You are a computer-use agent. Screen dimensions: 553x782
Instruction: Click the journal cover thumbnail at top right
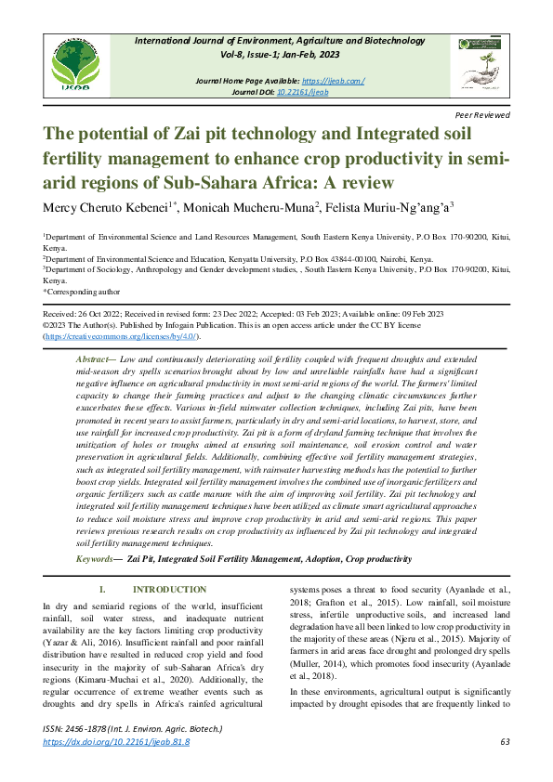point(480,63)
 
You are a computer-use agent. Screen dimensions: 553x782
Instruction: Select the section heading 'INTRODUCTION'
point(169,590)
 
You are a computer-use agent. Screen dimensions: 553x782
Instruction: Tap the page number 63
point(505,742)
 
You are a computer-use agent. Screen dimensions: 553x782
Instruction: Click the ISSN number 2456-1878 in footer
point(90,731)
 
